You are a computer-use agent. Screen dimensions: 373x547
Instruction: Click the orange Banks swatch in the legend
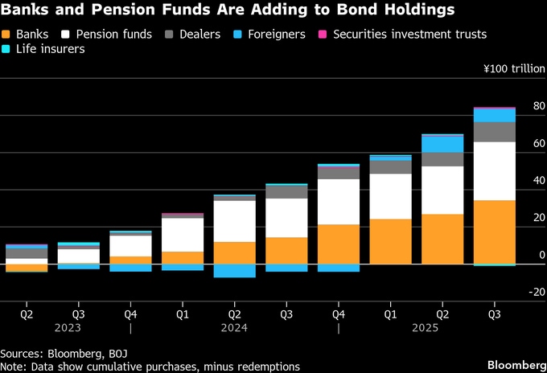pos(8,35)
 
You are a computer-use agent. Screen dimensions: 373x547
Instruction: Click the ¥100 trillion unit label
pos(514,70)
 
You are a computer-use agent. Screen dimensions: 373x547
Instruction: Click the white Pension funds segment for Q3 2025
pos(495,170)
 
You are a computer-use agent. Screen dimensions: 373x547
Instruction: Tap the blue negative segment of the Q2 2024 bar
pos(234,270)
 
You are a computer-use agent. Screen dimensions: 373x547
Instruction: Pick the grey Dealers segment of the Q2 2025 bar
pos(442,159)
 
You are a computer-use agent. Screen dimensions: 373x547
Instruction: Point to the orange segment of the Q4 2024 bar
pos(339,244)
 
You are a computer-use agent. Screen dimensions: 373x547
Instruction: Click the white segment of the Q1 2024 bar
pos(183,235)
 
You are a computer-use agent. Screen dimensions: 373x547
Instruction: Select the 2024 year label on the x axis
pos(234,328)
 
